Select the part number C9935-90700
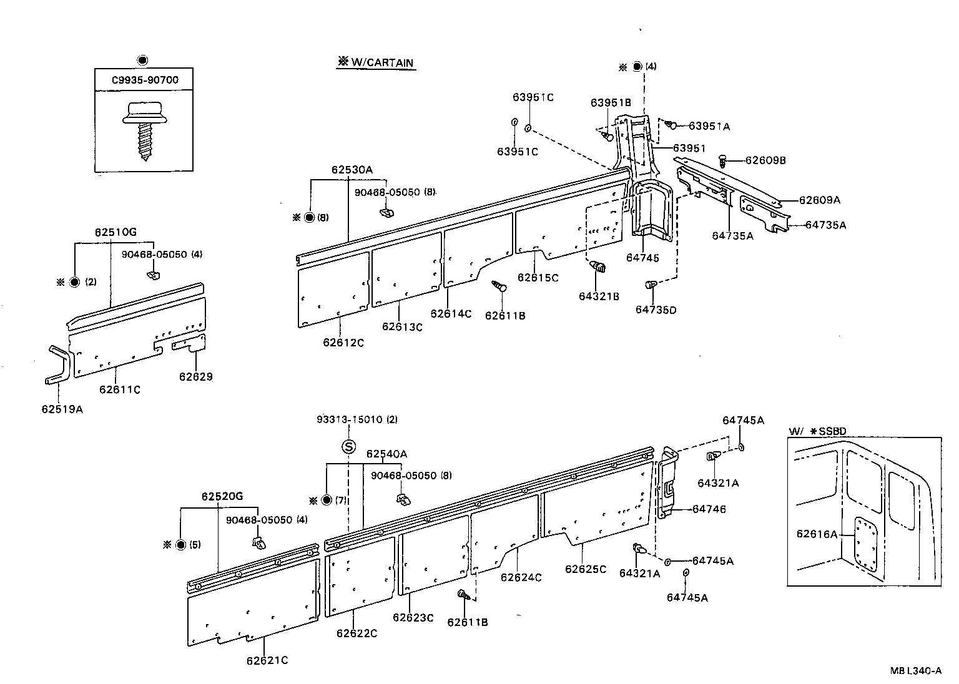point(144,81)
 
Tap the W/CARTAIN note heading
point(376,62)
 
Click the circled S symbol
point(348,446)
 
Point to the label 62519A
point(62,409)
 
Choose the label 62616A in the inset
point(817,534)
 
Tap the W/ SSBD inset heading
point(817,431)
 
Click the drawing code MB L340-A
point(916,671)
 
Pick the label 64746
point(709,509)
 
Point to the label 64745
point(642,258)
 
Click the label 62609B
point(765,160)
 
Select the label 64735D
point(656,310)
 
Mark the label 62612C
point(343,342)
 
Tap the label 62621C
point(267,660)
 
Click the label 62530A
point(352,169)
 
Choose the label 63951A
point(709,126)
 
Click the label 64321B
point(599,296)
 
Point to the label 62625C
point(586,569)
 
